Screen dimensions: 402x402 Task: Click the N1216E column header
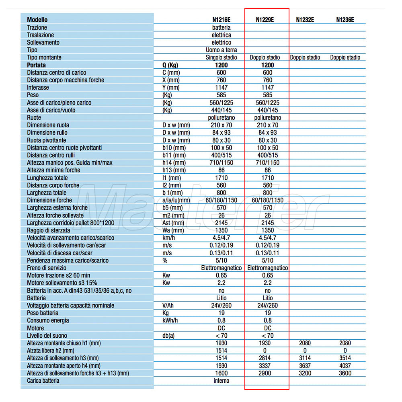(x=221, y=20)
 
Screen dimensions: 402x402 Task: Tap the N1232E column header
(x=305, y=20)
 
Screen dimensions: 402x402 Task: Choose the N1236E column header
(x=345, y=20)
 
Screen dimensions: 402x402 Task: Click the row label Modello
(x=37, y=20)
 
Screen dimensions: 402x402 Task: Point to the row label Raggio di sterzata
(x=48, y=230)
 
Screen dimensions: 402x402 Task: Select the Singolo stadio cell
(x=221, y=57)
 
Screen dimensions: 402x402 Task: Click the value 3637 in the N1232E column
(x=305, y=366)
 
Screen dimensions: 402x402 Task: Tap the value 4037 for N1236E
(x=345, y=366)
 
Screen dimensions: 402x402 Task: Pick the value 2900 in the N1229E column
(x=265, y=373)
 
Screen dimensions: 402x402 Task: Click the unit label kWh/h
(x=170, y=320)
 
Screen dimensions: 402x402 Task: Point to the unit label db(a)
(x=168, y=336)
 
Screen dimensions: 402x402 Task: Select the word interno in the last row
(x=221, y=381)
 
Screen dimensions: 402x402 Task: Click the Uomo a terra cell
(x=221, y=50)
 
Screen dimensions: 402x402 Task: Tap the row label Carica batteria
(x=43, y=381)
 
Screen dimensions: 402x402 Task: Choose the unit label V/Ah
(x=169, y=306)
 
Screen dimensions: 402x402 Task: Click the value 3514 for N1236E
(x=345, y=358)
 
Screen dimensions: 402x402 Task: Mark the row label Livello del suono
(x=47, y=336)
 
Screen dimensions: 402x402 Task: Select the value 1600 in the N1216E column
(x=221, y=373)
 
